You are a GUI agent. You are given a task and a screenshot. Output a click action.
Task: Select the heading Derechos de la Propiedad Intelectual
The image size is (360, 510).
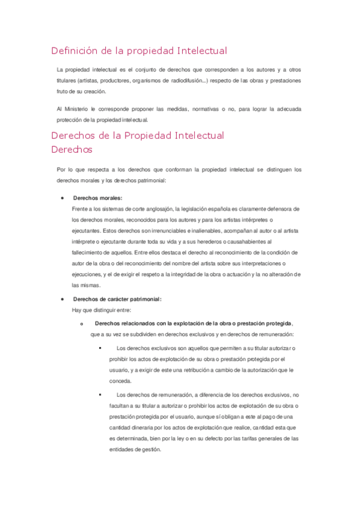point(138,135)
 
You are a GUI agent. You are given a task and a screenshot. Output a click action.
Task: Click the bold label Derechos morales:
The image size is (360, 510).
point(97,198)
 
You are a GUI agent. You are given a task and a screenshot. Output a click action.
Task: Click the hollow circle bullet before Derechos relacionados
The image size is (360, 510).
point(81,324)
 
